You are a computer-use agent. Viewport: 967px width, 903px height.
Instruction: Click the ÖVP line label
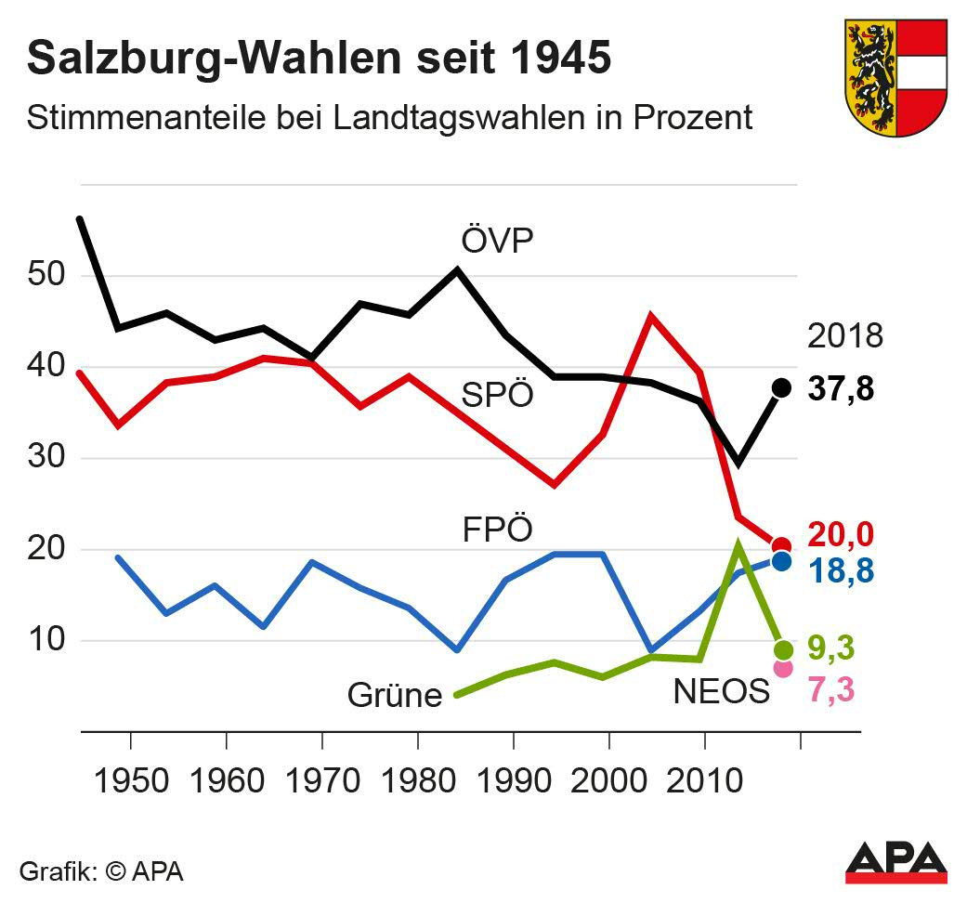[x=497, y=241]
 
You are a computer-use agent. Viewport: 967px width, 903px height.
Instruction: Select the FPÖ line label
[x=497, y=531]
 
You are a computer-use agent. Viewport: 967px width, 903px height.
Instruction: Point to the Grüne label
[x=395, y=694]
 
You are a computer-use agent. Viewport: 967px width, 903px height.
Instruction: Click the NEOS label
[x=721, y=692]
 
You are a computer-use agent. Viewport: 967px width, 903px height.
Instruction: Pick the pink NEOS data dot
[x=783, y=668]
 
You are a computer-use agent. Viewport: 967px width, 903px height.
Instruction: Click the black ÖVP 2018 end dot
[x=782, y=387]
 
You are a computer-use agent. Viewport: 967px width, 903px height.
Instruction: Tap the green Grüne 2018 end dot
[x=783, y=649]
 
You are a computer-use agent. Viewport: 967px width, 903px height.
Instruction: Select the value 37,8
[x=842, y=388]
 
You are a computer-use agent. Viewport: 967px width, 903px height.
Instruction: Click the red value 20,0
[x=842, y=535]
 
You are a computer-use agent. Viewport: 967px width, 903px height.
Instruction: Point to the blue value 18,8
[x=842, y=570]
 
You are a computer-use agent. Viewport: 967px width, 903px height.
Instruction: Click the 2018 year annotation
[x=844, y=336]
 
